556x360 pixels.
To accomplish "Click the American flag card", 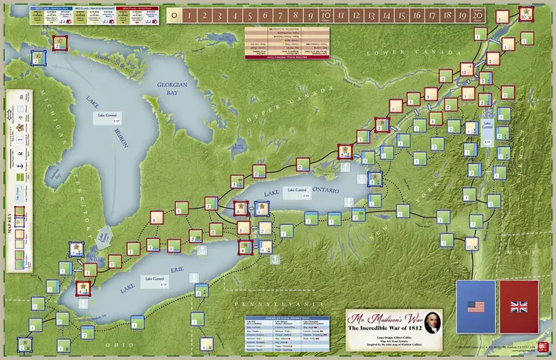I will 476,306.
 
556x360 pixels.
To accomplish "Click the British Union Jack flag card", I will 521,306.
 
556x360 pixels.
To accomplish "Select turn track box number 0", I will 173,14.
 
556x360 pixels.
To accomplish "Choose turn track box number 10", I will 326,14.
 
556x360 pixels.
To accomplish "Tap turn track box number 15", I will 402,14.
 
